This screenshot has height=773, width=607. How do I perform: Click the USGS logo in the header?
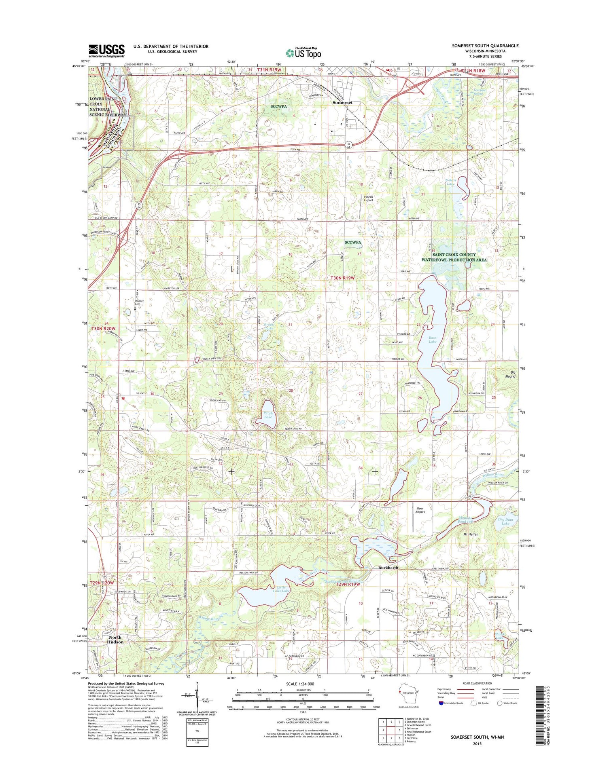106,51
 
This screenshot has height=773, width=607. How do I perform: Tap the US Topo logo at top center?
303,53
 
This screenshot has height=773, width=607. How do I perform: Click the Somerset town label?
342,103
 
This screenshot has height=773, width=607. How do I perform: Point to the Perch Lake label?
268,415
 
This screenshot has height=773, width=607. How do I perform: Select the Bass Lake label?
433,340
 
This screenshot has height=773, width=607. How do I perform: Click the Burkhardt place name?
388,568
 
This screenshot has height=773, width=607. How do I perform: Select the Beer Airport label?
420,510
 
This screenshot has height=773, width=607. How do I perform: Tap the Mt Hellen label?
471,534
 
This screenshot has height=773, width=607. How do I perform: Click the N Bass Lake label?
450,182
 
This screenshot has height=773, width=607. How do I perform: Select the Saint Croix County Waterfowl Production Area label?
454,257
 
